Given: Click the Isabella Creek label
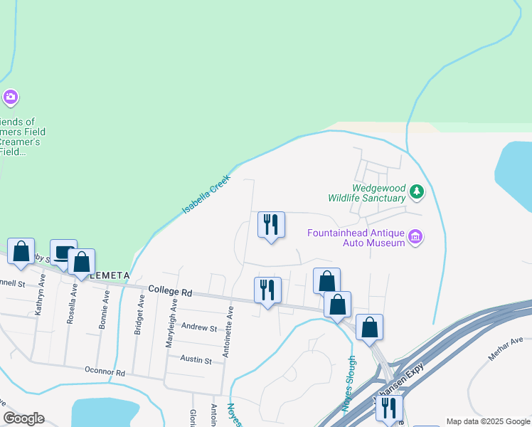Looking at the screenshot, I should pyautogui.click(x=207, y=195).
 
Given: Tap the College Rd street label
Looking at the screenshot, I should pyautogui.click(x=171, y=292).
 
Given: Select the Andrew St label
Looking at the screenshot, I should pyautogui.click(x=198, y=328).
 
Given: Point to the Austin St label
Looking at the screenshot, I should pyautogui.click(x=196, y=361).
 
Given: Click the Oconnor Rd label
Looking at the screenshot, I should pyautogui.click(x=105, y=372).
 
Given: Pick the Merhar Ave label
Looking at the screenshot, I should pyautogui.click(x=506, y=349).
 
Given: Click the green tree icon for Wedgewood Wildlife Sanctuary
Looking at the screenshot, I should pyautogui.click(x=417, y=191).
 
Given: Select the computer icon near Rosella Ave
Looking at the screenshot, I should pyautogui.click(x=63, y=252).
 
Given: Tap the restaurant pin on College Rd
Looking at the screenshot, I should pyautogui.click(x=267, y=290).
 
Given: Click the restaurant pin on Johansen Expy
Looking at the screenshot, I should pyautogui.click(x=389, y=408).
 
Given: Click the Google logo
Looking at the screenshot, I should pyautogui.click(x=23, y=418).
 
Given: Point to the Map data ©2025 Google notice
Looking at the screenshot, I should pyautogui.click(x=487, y=421).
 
